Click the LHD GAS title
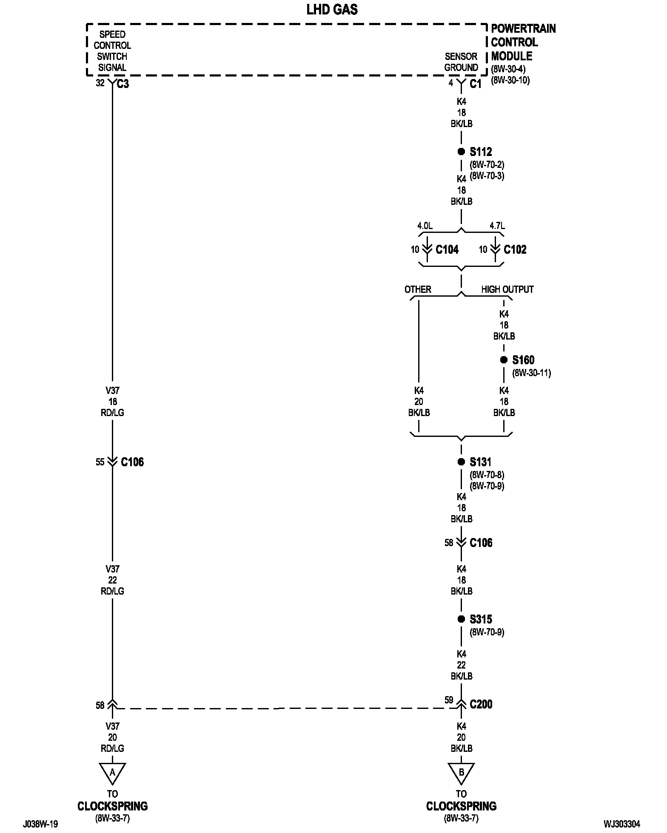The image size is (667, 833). tap(332, 10)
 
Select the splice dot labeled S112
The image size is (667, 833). tap(461, 152)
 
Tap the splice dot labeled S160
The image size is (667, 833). tap(504, 360)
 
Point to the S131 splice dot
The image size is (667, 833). tap(461, 462)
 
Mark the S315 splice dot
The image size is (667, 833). tap(461, 619)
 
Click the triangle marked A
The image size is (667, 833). tap(112, 772)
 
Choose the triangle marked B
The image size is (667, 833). tap(461, 772)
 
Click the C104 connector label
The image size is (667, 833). tap(447, 249)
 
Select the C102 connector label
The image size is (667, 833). tap(515, 249)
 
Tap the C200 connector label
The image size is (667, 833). tap(481, 704)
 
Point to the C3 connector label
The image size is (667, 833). tap(123, 84)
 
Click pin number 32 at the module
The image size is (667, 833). tap(100, 83)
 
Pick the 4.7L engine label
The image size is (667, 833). tap(497, 226)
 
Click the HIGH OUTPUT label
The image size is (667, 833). tap(507, 289)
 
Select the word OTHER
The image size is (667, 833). tap(418, 289)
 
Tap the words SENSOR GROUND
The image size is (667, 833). tap(461, 62)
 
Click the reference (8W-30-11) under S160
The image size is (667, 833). tap(531, 373)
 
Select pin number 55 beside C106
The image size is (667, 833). tap(100, 462)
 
